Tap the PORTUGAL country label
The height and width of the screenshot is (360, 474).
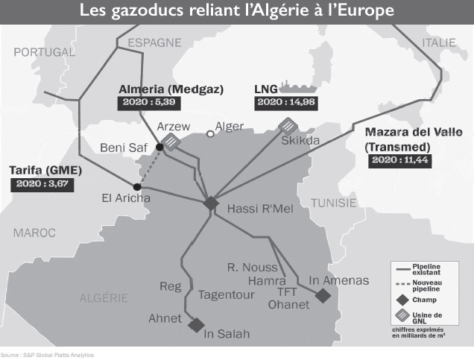pos(44,52)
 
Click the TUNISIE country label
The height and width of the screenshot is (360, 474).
pos(334,203)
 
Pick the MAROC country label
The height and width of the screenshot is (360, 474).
pos(34,233)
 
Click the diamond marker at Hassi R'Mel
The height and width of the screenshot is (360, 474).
pos(211,203)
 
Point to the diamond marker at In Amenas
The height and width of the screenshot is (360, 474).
pos(323,296)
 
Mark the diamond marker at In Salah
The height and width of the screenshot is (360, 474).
pos(197,325)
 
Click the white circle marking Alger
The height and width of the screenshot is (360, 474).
pos(210,134)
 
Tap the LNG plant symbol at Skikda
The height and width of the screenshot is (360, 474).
pos(287,125)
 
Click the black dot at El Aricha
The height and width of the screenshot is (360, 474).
pos(136,186)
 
